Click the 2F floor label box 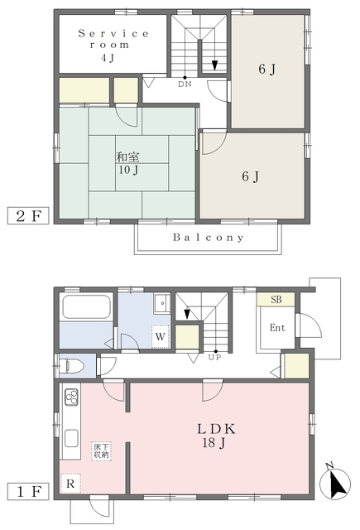tap(28, 215)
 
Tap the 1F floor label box tap(28, 491)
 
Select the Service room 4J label tap(113, 46)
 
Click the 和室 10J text tap(128, 163)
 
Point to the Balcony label tap(208, 238)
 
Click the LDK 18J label tap(215, 436)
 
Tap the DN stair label tap(185, 84)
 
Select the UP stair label tap(215, 357)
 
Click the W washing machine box tap(160, 336)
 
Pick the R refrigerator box tap(70, 484)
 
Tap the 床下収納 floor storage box tap(101, 450)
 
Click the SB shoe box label tap(276, 300)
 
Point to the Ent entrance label tap(277, 328)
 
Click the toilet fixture tap(72, 365)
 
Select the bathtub tap(86, 307)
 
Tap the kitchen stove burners tap(72, 397)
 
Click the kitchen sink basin tap(72, 438)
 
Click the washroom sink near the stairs tap(161, 303)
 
